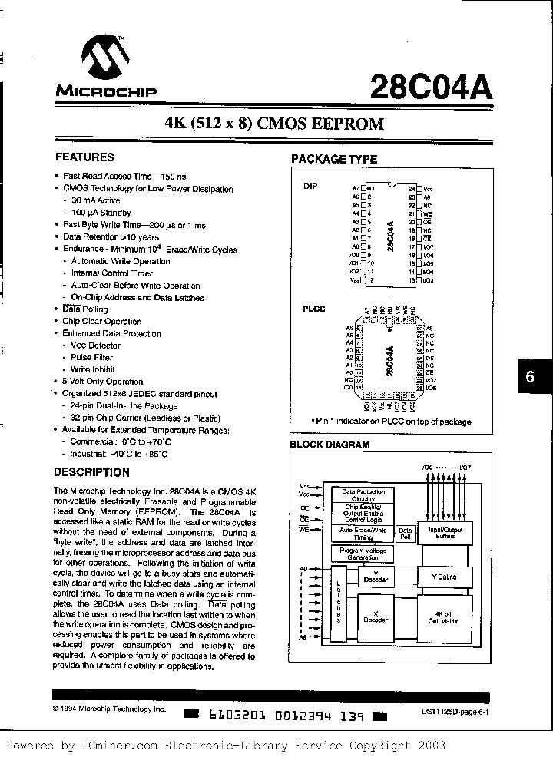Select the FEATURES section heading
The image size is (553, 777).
pos(84,157)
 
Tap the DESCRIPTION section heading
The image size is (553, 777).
pos(91,472)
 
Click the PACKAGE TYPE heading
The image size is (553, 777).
pos(333,159)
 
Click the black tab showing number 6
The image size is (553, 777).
pos(530,379)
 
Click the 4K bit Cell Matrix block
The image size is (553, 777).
pos(445,617)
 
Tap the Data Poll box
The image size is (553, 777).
pos(405,534)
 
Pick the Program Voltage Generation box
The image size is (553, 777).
pos(359,554)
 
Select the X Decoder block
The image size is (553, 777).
pos(375,617)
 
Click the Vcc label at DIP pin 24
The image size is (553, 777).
pos(429,188)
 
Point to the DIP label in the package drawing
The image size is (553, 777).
pos(310,186)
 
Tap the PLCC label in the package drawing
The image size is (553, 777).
pos(313,309)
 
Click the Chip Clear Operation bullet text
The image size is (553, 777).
pos(101,321)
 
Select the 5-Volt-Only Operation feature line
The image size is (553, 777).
pos(103,381)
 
